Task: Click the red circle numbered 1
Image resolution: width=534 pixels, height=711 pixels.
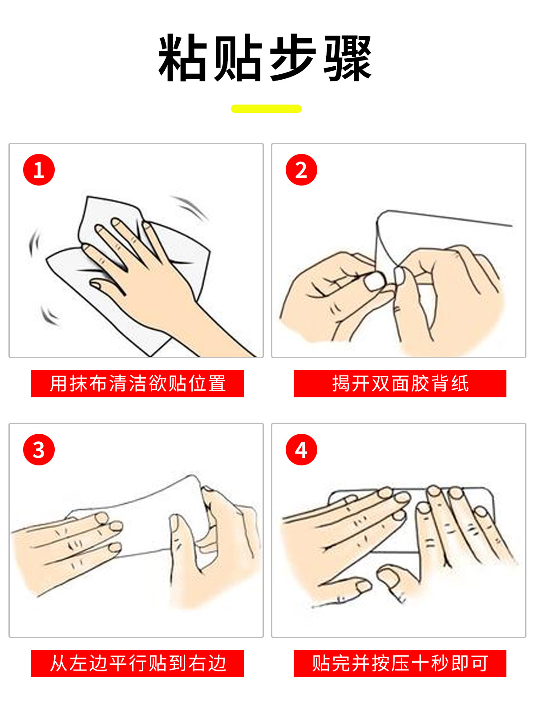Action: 39,170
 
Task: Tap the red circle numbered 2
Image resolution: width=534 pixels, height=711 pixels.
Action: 301,170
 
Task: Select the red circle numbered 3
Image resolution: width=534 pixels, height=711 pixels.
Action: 39,449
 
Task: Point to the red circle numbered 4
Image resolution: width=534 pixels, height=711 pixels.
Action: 301,449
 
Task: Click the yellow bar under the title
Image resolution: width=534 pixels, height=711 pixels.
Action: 266,109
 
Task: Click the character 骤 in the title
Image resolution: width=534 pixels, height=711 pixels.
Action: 348,58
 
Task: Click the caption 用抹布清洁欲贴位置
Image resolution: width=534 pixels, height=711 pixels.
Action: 138,384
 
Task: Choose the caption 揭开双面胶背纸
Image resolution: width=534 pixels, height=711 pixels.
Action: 400,384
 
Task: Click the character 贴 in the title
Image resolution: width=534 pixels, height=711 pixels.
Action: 237,58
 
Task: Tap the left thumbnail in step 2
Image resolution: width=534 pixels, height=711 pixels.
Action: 375,281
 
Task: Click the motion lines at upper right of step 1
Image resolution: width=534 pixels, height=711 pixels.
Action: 190,207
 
